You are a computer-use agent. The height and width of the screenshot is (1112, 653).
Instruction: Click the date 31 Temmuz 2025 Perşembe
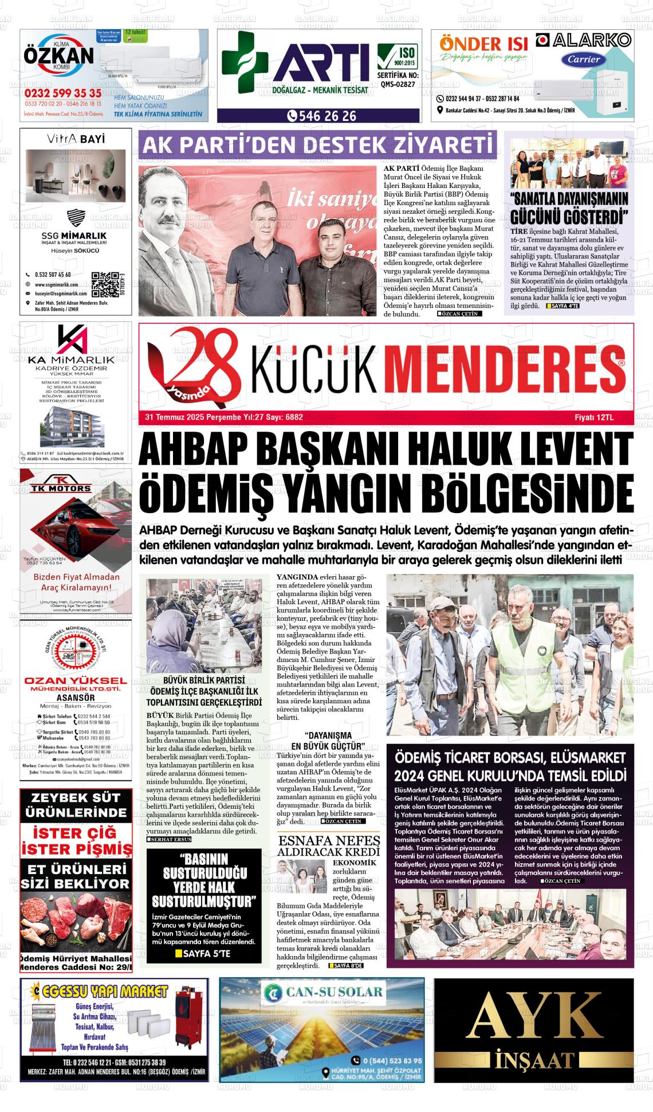[187, 417]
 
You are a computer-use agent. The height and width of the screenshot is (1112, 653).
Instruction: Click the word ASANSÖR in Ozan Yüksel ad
[76, 698]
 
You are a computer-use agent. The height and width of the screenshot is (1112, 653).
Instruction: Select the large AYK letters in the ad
[534, 1014]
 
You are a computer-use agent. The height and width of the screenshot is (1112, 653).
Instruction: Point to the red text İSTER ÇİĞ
[76, 832]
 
